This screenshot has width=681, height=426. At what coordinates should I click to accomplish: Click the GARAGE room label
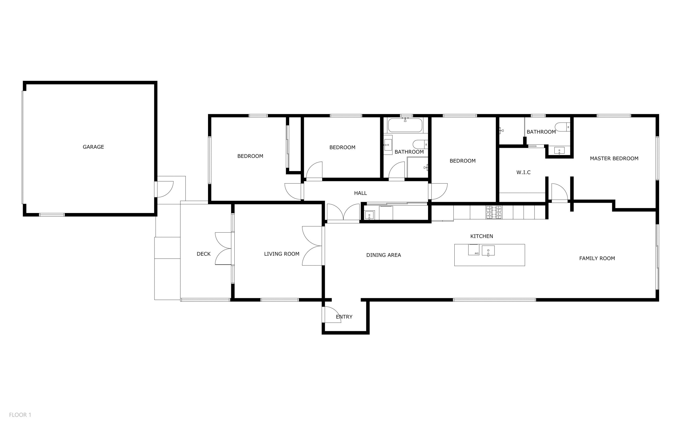(x=93, y=147)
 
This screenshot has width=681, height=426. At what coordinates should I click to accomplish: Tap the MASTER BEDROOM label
(x=614, y=158)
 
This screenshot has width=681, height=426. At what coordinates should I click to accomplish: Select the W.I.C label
(x=523, y=172)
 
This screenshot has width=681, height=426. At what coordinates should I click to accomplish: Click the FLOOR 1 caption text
(x=20, y=415)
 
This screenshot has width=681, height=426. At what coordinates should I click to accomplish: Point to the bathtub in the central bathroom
(x=405, y=125)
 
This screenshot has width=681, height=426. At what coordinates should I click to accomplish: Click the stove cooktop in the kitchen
(x=494, y=212)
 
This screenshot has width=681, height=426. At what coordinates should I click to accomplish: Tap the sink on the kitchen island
(x=488, y=251)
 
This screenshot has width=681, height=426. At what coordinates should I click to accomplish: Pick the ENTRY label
(x=344, y=317)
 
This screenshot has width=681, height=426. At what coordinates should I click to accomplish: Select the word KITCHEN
(x=482, y=236)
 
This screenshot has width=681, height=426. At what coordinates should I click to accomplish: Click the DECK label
(x=203, y=254)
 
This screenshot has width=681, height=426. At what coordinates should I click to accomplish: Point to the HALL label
(x=360, y=193)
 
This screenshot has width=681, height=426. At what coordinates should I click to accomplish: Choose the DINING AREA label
(x=384, y=255)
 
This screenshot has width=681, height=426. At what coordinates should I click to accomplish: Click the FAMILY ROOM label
(x=597, y=258)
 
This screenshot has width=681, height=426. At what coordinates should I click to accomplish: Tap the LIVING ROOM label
(x=282, y=254)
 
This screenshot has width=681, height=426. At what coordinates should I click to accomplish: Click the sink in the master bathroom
(x=559, y=150)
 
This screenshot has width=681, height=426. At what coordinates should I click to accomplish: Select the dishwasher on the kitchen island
(x=474, y=250)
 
